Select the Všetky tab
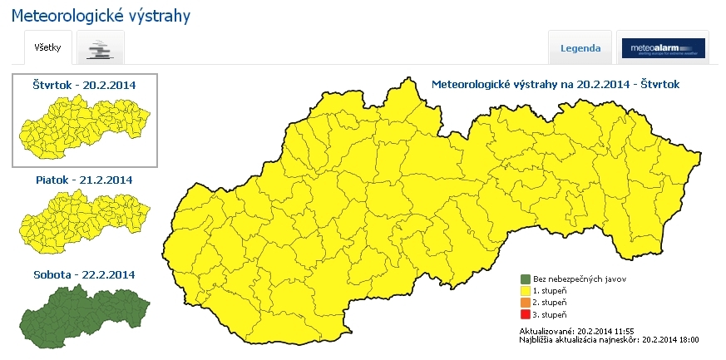pyautogui.click(x=47, y=47)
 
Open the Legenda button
pyautogui.click(x=580, y=48)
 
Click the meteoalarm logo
pyautogui.click(x=664, y=48)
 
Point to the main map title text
pyautogui.click(x=556, y=85)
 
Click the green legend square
pyautogui.click(x=525, y=279)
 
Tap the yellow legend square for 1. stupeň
pyautogui.click(x=525, y=291)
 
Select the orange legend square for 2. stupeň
pyautogui.click(x=525, y=303)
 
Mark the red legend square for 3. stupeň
pyautogui.click(x=525, y=314)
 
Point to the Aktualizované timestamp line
pyautogui.click(x=570, y=331)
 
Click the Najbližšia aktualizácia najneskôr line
pyautogui.click(x=608, y=340)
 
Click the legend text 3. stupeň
pyautogui.click(x=551, y=314)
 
